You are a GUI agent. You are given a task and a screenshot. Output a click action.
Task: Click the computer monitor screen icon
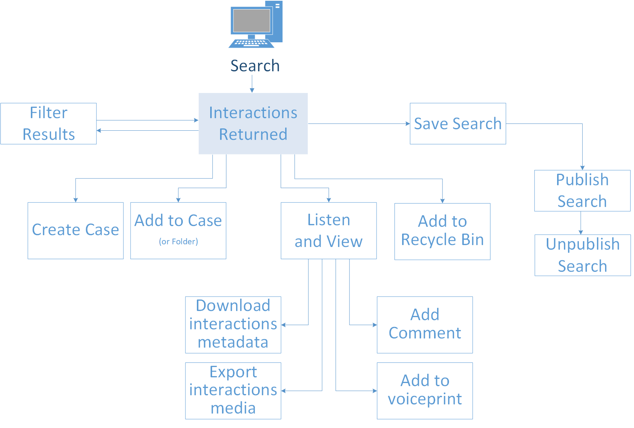coord(251,21)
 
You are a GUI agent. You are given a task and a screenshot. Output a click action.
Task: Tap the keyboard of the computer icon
coord(251,43)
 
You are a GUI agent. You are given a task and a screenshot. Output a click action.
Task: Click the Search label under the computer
coord(255,66)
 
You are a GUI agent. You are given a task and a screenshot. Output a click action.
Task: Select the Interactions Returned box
coord(253,123)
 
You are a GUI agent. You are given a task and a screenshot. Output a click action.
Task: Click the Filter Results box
coord(49,123)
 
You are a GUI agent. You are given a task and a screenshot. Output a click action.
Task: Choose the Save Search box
coord(458,123)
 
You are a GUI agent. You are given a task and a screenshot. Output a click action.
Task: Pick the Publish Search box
coord(582,191)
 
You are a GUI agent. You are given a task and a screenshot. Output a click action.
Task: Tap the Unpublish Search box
coord(583,255)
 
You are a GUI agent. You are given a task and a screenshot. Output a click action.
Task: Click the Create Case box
coord(75,230)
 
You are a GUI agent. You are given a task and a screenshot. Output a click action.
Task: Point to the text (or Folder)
coord(178,242)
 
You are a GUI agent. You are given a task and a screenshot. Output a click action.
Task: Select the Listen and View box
coord(329,231)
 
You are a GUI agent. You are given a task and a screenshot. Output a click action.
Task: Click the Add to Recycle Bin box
coord(442,231)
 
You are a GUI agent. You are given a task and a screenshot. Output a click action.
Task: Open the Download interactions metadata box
coord(233,324)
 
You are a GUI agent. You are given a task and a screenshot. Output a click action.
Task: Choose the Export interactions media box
coord(233,390)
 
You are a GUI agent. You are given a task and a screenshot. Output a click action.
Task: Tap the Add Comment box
coord(425,324)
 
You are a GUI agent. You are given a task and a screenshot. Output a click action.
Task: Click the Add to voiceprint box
coord(425,390)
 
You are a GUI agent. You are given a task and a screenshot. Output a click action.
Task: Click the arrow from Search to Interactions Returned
coord(252,84)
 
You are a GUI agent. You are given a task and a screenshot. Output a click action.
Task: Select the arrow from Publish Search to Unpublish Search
coord(581,223)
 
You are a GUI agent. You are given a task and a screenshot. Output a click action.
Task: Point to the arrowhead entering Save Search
coord(408,123)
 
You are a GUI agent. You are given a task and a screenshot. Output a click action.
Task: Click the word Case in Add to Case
coord(205,221)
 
